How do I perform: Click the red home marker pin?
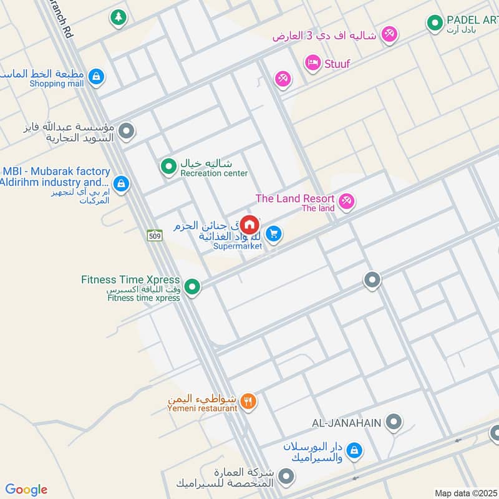coord(249,224)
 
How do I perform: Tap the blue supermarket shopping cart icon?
coord(273,234)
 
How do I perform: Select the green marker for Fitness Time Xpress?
coord(193,287)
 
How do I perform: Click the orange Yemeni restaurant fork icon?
coord(248,401)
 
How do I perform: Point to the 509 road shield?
coord(155,235)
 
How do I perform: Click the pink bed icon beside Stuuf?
coord(312,62)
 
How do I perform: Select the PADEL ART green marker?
coord(434,24)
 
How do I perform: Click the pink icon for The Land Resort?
coord(347,201)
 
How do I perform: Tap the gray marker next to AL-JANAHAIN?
coord(394,422)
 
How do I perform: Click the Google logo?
coord(26,490)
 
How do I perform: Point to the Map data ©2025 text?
coord(464,493)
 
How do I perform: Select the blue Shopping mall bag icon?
coord(95,77)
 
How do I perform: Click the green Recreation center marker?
coord(168,167)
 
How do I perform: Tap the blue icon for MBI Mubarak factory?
coord(122,183)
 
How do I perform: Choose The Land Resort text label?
coord(295,198)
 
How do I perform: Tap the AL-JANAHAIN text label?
coord(346,423)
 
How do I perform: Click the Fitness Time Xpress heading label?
coord(130,280)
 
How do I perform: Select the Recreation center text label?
coord(214,173)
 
